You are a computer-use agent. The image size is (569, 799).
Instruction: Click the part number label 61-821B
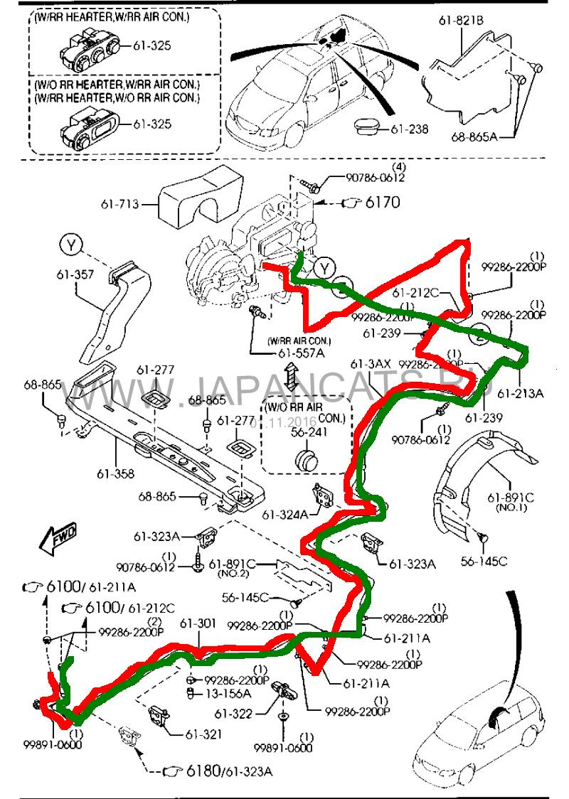(x=461, y=21)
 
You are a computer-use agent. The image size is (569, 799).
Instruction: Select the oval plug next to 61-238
(x=369, y=127)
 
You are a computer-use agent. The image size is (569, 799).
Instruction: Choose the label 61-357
(x=70, y=292)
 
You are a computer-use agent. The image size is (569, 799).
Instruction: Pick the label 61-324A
(x=284, y=513)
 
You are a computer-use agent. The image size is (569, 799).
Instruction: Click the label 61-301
(x=197, y=623)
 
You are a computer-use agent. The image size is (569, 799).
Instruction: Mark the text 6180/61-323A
(x=230, y=771)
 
